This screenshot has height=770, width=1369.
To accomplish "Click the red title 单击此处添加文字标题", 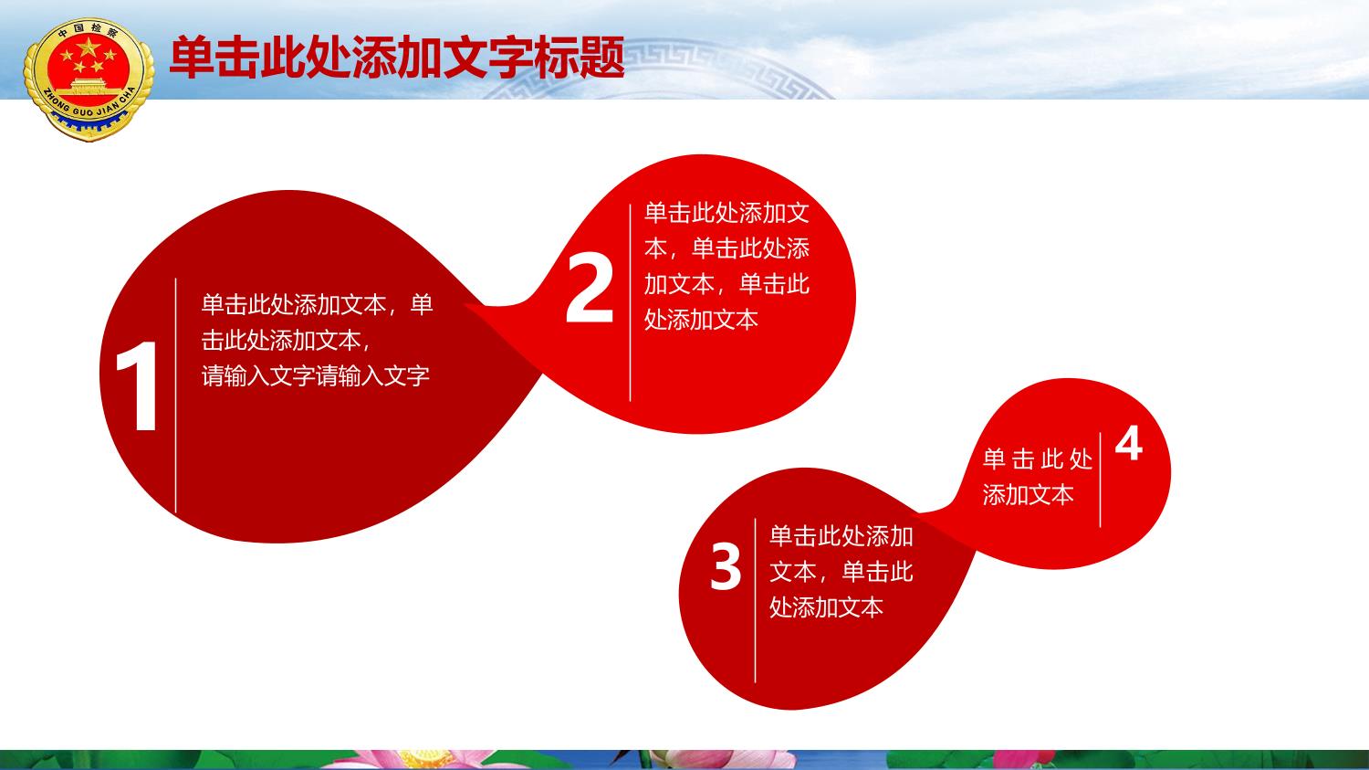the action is click(397, 58).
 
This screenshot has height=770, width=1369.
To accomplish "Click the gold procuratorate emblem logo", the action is click(89, 79).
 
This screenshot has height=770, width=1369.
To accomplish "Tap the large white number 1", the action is click(140, 386).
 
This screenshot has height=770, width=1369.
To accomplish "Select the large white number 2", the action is click(590, 288).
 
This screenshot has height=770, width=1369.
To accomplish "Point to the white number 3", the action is click(726, 567).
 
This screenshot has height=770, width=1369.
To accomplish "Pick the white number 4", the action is click(1128, 444).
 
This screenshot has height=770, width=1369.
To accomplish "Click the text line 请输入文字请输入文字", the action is click(316, 375).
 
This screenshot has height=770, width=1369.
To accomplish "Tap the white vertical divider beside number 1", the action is click(175, 396).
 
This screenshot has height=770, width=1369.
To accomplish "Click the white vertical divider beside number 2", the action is click(630, 302).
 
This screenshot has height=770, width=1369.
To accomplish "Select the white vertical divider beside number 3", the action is click(756, 601).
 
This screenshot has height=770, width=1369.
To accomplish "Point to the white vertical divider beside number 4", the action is click(1100, 480).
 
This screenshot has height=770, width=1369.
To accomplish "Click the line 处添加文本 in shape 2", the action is click(701, 320).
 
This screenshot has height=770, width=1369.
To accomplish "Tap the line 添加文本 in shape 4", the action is click(1028, 494).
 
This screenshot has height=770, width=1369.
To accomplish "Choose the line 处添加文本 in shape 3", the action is click(826, 607).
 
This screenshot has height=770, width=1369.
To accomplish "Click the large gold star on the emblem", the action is click(88, 47).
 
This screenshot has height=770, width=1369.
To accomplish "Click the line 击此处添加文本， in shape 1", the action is click(286, 340).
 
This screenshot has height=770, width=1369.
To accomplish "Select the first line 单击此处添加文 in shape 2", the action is click(726, 212).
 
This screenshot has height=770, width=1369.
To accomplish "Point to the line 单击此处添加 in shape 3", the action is click(841, 536).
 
